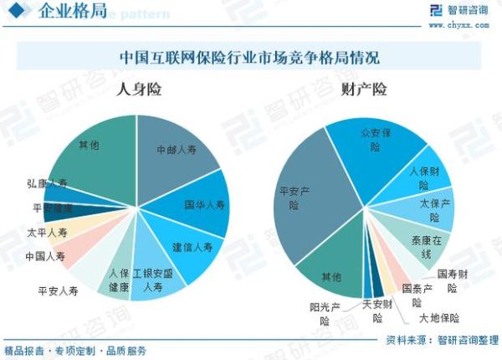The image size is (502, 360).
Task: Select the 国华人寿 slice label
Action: coord(205,204)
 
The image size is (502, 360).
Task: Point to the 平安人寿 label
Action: coord(58,291)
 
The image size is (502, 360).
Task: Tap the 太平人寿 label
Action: coord(47,232)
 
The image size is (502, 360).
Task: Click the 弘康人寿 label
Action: coord(47,183)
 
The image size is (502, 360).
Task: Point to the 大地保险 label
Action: coord(439,317)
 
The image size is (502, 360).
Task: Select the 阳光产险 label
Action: coord(325,312)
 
